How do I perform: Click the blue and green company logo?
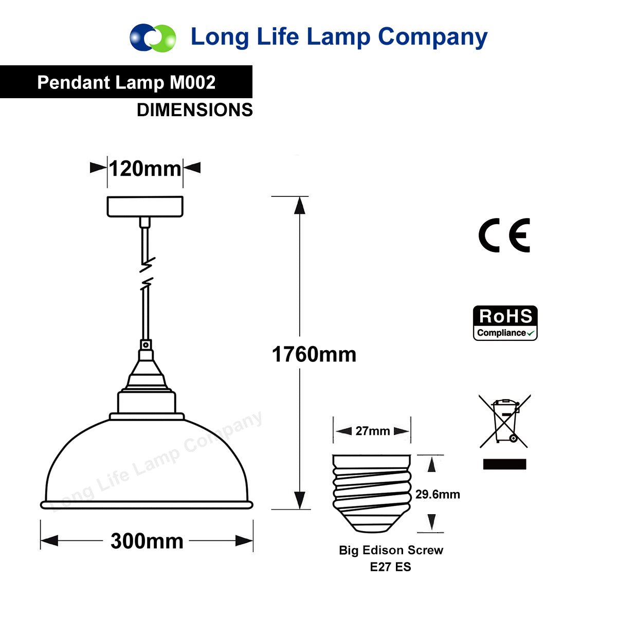tap(153, 38)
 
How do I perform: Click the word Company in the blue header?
tap(432, 38)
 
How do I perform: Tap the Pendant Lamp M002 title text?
tap(126, 82)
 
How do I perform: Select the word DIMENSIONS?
tap(195, 110)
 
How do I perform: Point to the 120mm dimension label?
tap(145, 169)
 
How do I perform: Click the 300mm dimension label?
tap(147, 541)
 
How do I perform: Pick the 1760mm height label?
tap(314, 354)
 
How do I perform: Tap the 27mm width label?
tap(373, 431)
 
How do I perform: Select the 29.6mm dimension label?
tap(438, 494)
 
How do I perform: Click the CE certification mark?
tap(504, 235)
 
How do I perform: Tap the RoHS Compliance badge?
tap(505, 323)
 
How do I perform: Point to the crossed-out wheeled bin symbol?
tap(505, 422)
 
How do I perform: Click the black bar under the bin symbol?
tap(504, 464)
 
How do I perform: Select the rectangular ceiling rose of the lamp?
tap(145, 207)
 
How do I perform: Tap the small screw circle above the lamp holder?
tap(146, 345)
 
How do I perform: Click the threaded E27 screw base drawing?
tap(372, 494)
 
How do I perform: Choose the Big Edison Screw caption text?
tap(391, 550)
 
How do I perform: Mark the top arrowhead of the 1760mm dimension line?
tap(300, 205)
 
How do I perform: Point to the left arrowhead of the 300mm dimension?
tap(49, 541)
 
